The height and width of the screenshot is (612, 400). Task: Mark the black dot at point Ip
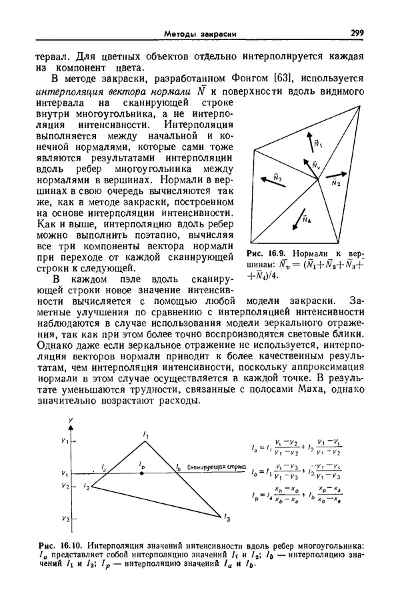pos(141,473)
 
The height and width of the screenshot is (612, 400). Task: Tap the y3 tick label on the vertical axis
pos(63,518)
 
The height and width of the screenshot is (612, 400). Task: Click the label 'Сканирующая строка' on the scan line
pos(214,469)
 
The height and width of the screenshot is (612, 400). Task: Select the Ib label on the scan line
pos(178,467)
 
